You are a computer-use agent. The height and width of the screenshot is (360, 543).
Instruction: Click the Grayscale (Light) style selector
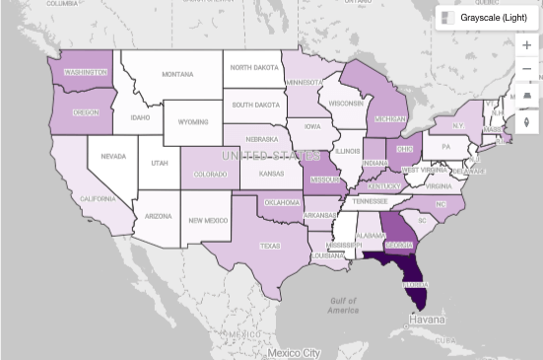(488, 17)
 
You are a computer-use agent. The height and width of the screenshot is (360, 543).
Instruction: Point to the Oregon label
(86, 112)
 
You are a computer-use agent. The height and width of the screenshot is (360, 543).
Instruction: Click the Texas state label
(270, 246)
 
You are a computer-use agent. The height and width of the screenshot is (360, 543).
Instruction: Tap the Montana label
(177, 74)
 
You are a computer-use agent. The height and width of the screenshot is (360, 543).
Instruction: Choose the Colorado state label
(209, 176)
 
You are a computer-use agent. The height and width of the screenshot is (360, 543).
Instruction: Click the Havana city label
(428, 321)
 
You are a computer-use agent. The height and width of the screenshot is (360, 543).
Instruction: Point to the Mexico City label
(294, 352)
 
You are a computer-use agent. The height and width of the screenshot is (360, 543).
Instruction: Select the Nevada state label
(112, 156)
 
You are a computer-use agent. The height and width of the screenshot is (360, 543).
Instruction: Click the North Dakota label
(255, 67)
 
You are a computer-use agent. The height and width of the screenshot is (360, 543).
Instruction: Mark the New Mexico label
(208, 221)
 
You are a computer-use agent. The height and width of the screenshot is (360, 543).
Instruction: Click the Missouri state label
(324, 181)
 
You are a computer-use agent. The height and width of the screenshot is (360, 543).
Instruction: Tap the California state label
(71, 198)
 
